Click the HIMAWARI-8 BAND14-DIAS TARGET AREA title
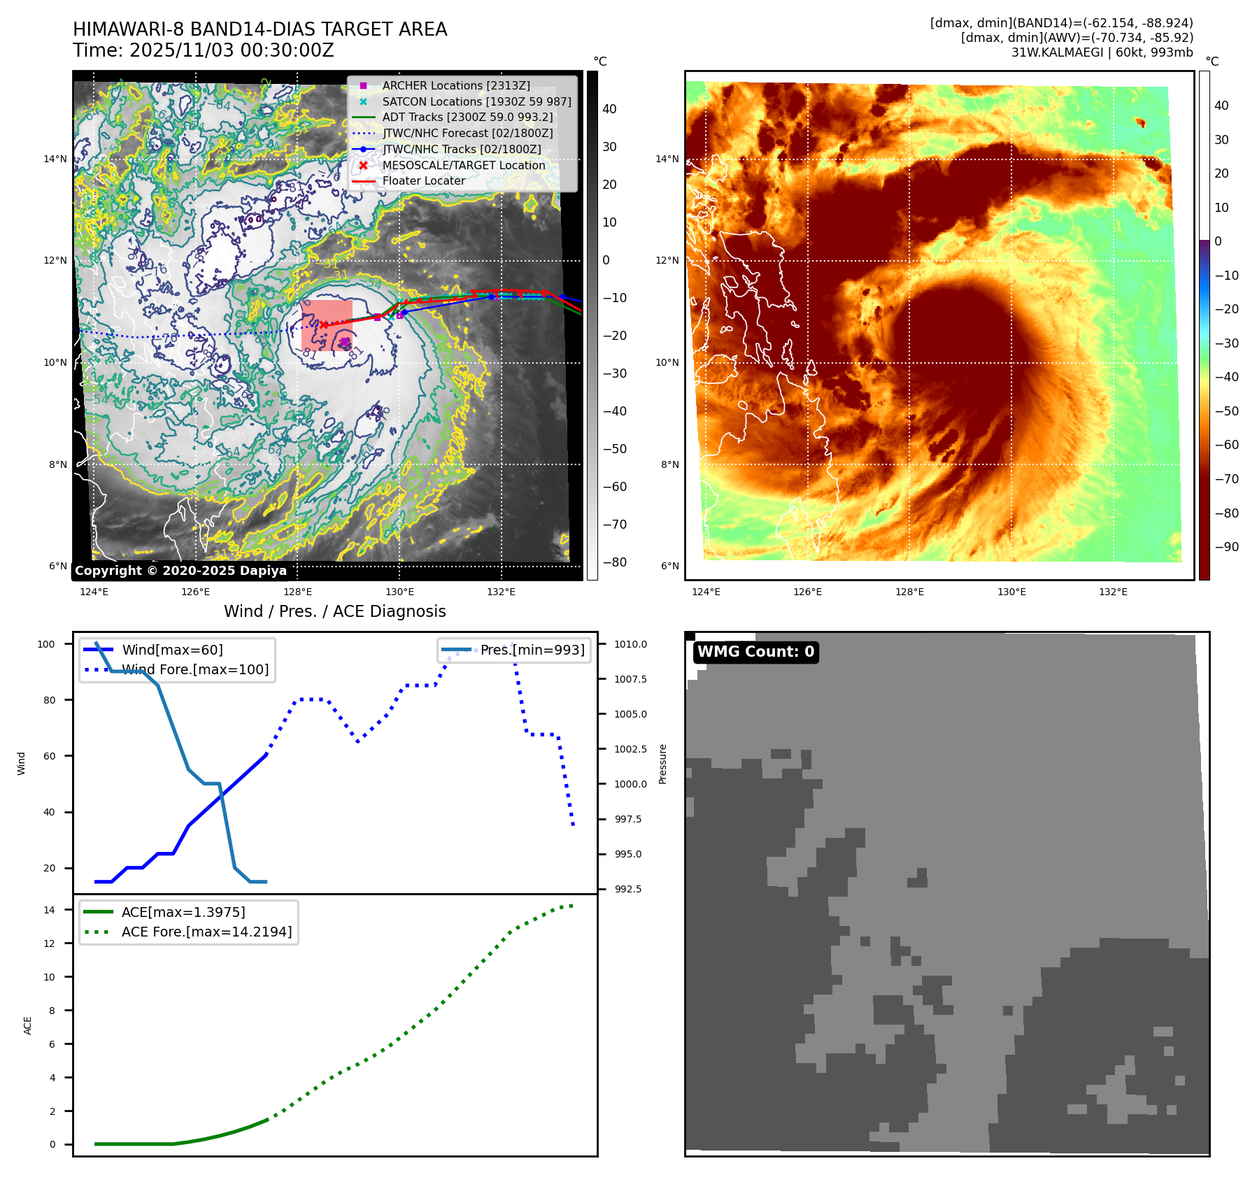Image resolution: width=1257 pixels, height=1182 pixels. coord(260,29)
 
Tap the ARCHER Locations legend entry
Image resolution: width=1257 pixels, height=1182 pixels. coord(455,85)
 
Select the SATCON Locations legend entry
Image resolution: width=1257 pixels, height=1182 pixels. coord(476,101)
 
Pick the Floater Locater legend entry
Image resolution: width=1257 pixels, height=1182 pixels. coord(423,180)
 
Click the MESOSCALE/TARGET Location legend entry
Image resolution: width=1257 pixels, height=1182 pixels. coord(463,165)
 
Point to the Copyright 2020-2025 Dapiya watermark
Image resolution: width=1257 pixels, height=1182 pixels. coord(180,571)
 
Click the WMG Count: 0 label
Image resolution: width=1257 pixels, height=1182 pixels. coord(755,652)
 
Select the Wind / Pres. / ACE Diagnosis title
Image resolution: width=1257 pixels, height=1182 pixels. coord(334,611)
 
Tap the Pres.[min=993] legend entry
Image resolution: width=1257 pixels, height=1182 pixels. coord(532,650)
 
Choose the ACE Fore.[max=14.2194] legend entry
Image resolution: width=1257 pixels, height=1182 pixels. coord(206,932)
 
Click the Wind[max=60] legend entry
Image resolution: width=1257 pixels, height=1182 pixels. coord(172,650)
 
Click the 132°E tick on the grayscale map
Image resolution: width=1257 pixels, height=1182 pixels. coord(501,592)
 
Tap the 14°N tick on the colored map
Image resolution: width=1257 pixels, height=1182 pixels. coord(667,159)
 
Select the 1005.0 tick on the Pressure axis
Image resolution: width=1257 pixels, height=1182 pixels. coord(630,714)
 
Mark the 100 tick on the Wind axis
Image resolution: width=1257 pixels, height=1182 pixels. coord(46,644)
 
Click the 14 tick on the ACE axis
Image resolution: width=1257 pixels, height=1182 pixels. coord(49,910)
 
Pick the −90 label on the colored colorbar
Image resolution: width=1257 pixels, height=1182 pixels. coord(1226,547)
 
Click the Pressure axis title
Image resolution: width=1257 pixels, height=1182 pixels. coord(662,764)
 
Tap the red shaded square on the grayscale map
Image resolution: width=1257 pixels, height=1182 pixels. coord(327,325)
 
